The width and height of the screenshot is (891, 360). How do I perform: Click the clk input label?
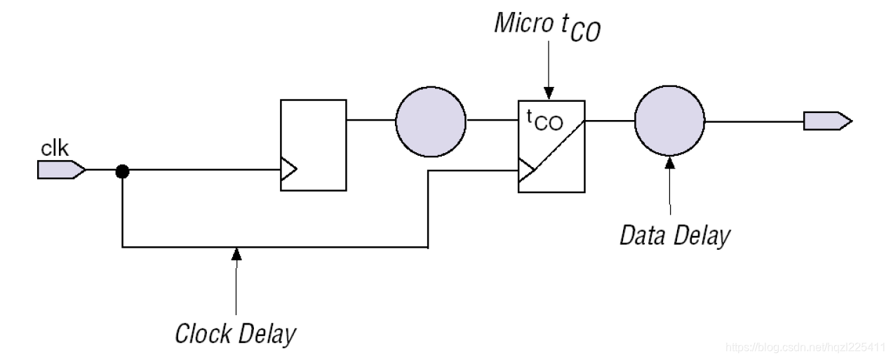pyautogui.click(x=55, y=149)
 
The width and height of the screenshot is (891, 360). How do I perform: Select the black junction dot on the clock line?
pyautogui.click(x=122, y=170)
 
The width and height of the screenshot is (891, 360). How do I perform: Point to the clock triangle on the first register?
pyautogui.click(x=288, y=169)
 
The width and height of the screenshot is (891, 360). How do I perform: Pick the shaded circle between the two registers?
pyautogui.click(x=430, y=121)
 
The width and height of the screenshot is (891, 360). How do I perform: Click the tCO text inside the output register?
pyautogui.click(x=544, y=121)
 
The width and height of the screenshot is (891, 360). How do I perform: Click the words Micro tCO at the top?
pyautogui.click(x=547, y=27)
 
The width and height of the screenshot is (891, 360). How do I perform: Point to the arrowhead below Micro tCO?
pyautogui.click(x=549, y=93)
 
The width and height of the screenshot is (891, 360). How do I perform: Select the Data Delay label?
pyautogui.click(x=674, y=235)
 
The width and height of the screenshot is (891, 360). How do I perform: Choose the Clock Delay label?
pyautogui.click(x=235, y=333)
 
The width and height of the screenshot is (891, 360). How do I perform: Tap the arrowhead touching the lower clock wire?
pyautogui.click(x=236, y=253)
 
